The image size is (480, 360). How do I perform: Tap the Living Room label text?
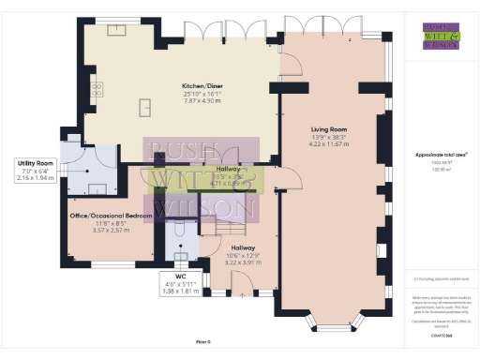pos(329,130)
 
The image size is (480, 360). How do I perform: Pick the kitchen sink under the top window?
pos(117,31)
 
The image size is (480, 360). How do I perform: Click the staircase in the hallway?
pos(230,225)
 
